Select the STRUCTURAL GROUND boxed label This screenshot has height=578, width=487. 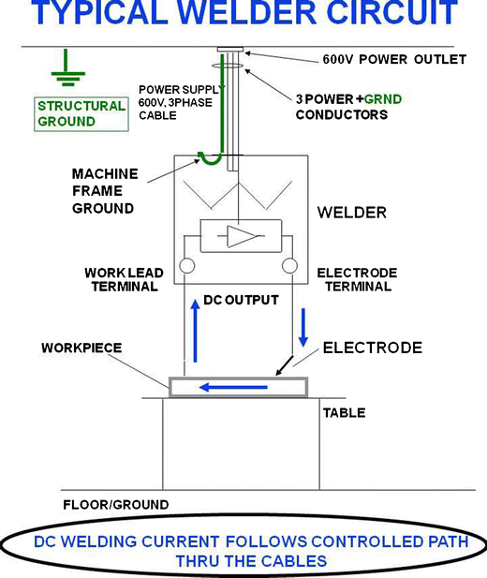click(x=81, y=113)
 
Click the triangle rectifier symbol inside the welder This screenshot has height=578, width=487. click(x=243, y=235)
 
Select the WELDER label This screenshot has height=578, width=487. click(x=352, y=214)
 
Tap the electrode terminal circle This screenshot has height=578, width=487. click(x=289, y=267)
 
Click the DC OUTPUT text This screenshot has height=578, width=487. click(x=242, y=300)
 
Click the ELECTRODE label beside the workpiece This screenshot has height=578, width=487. click(x=372, y=348)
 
